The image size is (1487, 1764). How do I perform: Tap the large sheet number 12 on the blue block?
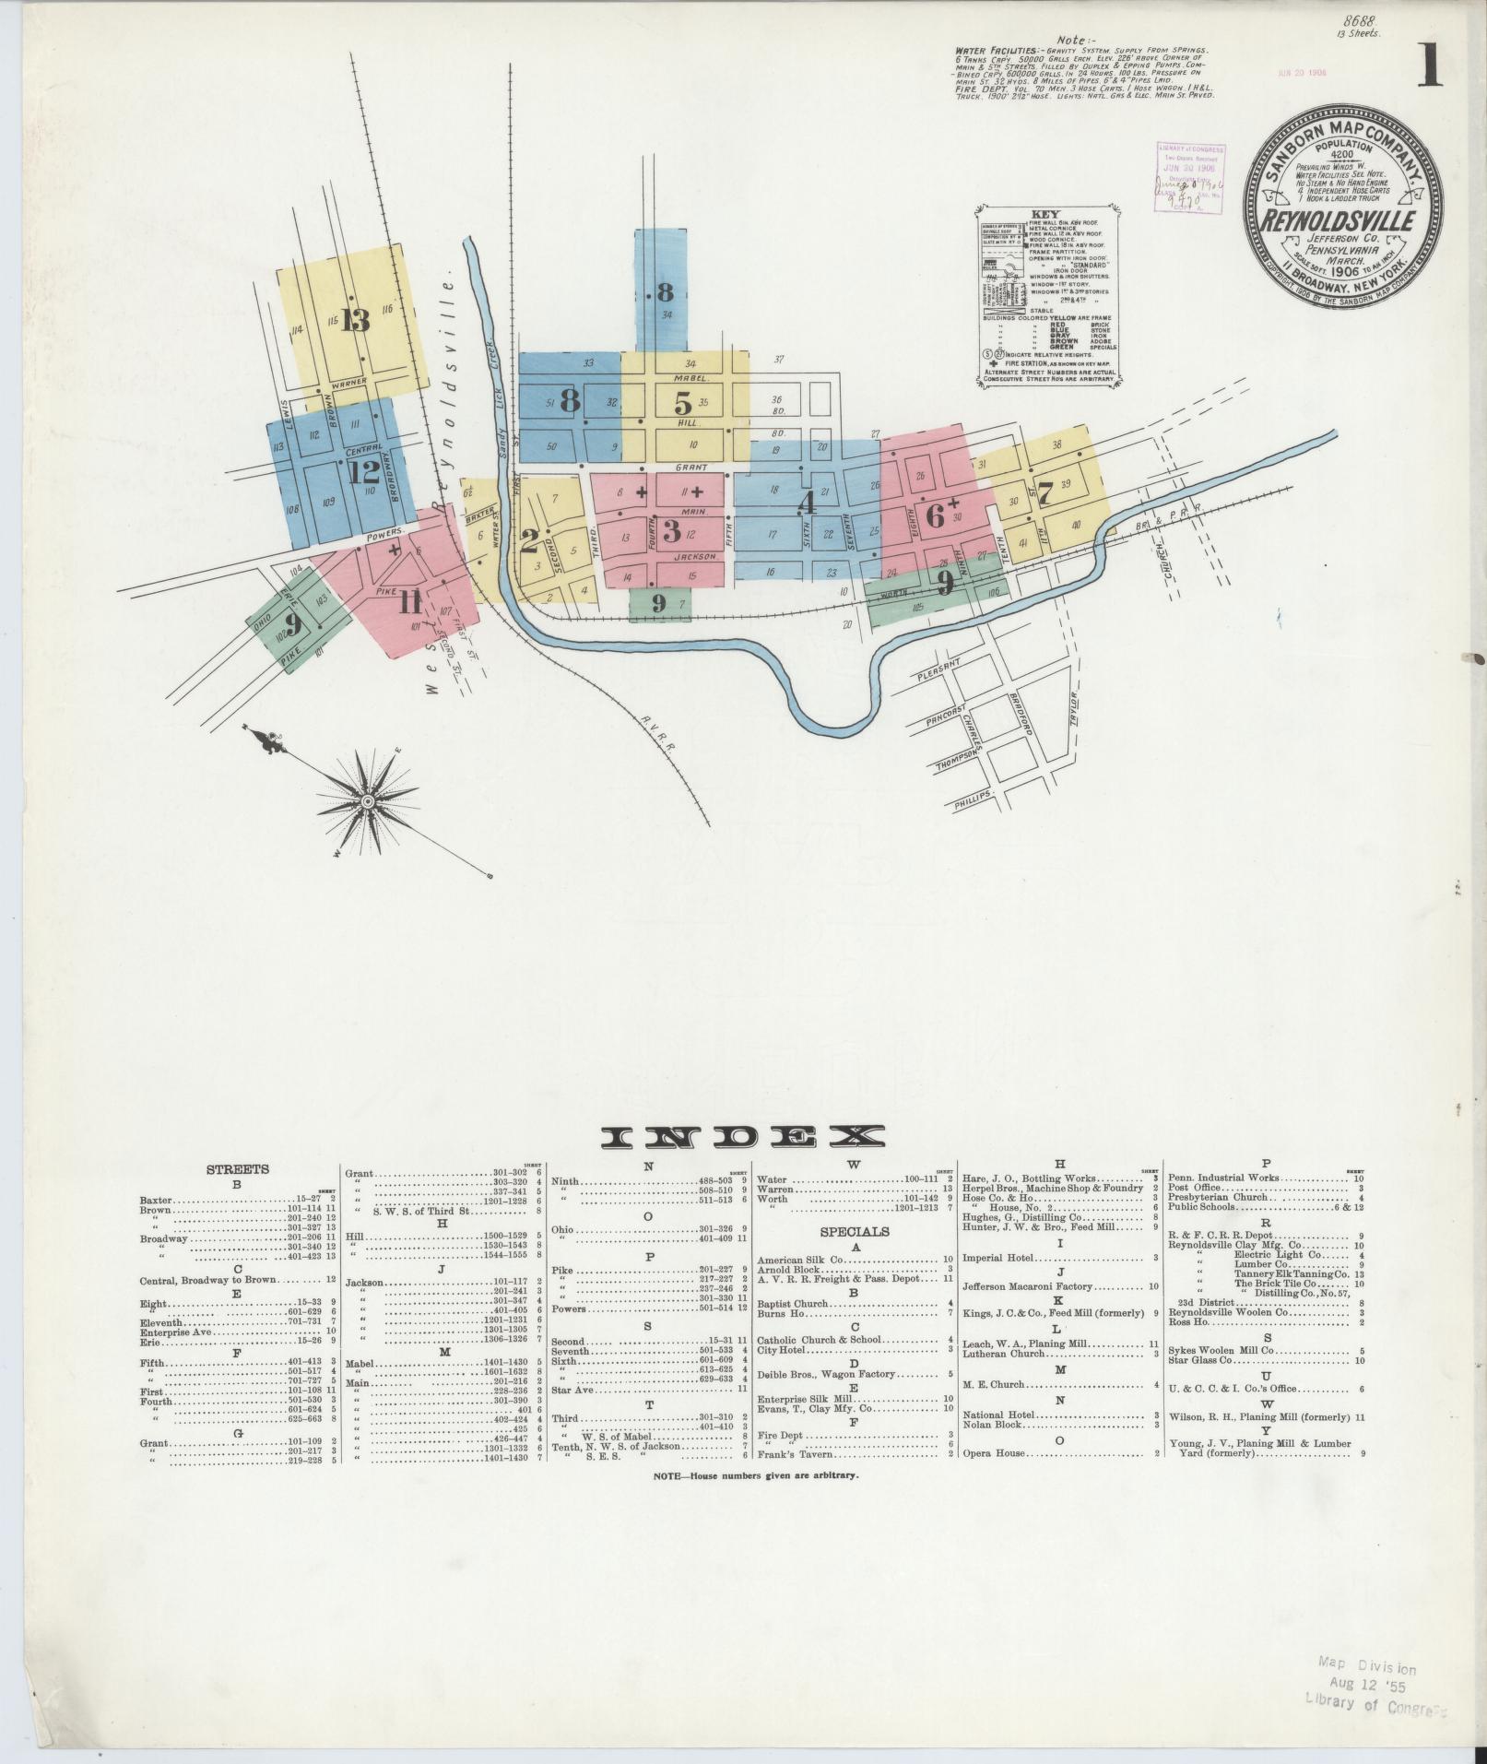(x=365, y=472)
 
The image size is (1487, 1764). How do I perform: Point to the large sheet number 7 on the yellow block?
(x=1044, y=489)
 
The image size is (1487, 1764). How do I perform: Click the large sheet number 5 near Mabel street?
(x=682, y=403)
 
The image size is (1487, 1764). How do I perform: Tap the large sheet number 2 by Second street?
(x=529, y=540)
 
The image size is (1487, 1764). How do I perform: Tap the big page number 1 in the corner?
(x=1429, y=66)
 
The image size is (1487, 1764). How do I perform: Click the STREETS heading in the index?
(x=237, y=1169)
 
